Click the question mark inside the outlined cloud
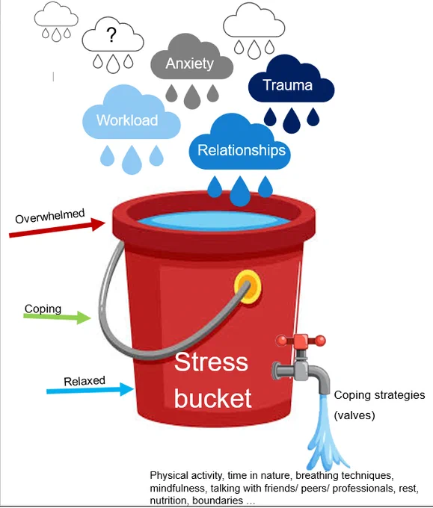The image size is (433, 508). (x=111, y=35)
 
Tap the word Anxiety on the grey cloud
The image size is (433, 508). (x=190, y=63)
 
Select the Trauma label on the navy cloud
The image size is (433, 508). (x=288, y=85)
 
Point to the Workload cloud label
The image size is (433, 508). (x=127, y=120)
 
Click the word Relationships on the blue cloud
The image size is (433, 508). (x=242, y=150)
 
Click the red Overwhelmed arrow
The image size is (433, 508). (x=57, y=228)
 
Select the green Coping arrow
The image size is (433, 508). (x=57, y=317)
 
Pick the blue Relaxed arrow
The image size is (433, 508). (x=90, y=389)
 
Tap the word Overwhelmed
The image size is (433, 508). (x=50, y=216)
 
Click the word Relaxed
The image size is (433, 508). (x=85, y=381)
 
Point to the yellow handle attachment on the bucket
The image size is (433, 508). (x=248, y=287)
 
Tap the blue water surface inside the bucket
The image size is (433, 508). (x=214, y=221)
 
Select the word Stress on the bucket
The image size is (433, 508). (x=211, y=362)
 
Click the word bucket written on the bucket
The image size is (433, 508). (x=213, y=398)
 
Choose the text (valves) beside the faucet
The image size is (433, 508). (x=354, y=415)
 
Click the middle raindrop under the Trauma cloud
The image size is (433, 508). (x=291, y=120)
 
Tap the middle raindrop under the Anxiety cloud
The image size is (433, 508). (x=192, y=96)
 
